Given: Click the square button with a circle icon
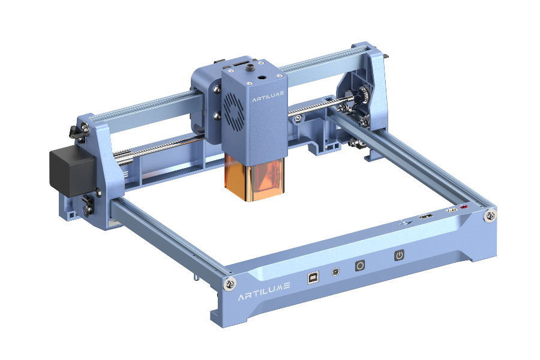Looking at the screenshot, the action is pos(360,266).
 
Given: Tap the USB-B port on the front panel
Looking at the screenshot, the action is pos(313,277).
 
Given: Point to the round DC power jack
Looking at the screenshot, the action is pos(335,272).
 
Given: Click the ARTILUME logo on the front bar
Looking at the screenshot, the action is pos(264,291).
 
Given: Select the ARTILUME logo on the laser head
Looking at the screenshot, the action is pos(268,96).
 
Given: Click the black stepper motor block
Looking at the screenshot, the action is pos(73,170).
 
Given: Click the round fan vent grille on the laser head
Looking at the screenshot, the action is pos(234,109).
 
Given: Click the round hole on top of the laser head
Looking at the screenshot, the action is pos(263,78).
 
